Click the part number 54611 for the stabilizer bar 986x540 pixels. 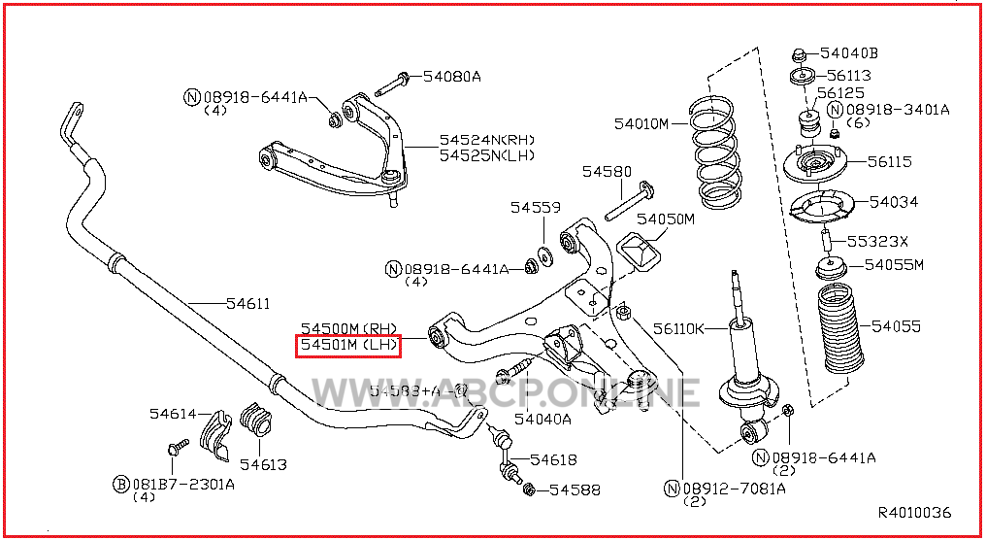(248, 304)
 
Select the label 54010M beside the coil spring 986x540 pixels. (641, 123)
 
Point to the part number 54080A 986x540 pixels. (451, 76)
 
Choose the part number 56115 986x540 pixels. (890, 161)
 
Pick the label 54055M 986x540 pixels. (894, 264)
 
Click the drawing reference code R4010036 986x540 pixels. (914, 513)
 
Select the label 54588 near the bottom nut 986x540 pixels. (575, 490)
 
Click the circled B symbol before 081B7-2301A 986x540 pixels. (121, 484)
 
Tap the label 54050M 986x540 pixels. (666, 219)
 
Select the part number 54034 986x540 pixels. (894, 202)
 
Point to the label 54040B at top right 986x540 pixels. (848, 53)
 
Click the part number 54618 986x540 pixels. (553, 459)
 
